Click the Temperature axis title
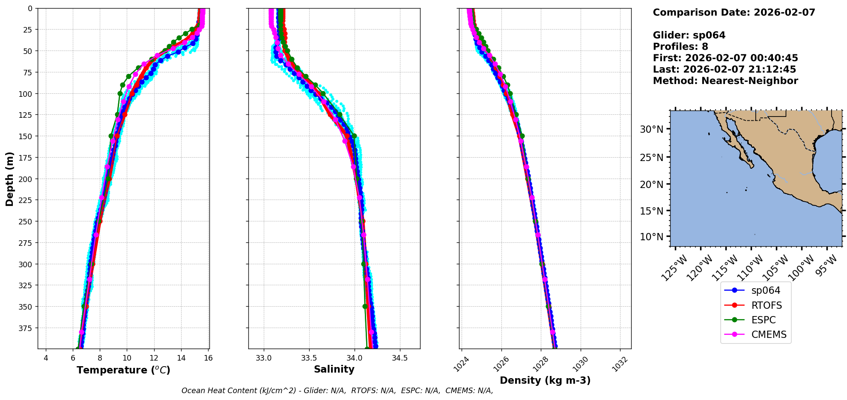tap(123, 370)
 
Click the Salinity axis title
tap(334, 369)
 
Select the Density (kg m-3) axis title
tap(545, 380)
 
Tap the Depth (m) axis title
tap(9, 179)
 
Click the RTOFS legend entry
tap(766, 305)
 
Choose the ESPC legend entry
tap(763, 320)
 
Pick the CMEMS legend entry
tap(769, 334)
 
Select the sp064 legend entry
tap(766, 290)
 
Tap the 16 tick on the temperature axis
tap(208, 358)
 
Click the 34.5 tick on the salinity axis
tap(400, 358)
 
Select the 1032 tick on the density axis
tap(620, 364)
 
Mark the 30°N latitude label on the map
tap(651, 129)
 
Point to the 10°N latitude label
tap(651, 237)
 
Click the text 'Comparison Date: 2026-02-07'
tap(734, 12)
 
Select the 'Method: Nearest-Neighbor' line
tap(725, 81)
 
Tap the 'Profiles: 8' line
tap(680, 47)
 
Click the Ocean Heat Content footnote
tap(337, 391)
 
